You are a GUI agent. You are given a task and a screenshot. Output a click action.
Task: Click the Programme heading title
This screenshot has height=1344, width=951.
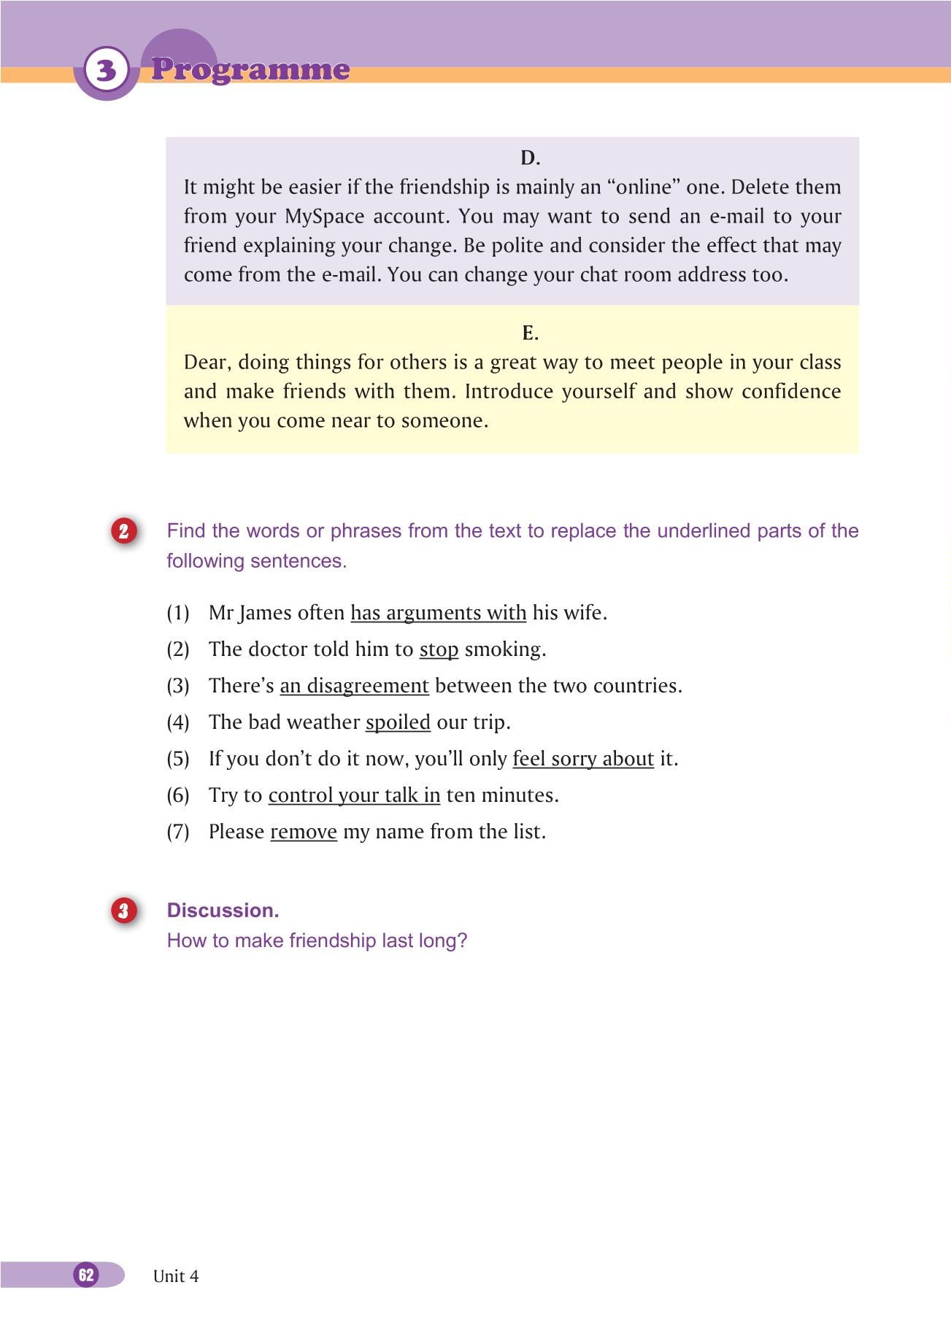(x=250, y=70)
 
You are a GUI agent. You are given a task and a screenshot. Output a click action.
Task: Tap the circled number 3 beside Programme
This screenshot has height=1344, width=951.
(x=107, y=70)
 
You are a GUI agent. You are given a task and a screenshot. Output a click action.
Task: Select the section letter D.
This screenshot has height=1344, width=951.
(x=530, y=158)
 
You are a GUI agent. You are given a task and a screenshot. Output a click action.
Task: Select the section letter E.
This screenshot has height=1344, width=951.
(x=530, y=333)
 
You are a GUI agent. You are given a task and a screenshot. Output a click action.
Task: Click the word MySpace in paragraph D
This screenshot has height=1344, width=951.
(x=325, y=217)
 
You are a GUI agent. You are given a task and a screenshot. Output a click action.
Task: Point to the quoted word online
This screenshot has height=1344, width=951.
(x=643, y=188)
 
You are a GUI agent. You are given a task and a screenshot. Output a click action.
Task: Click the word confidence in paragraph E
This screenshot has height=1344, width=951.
(x=791, y=392)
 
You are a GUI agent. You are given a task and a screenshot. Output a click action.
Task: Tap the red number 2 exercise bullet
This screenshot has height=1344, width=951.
(x=124, y=531)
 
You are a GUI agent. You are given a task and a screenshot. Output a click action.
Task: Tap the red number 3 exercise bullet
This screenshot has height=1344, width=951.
(x=124, y=911)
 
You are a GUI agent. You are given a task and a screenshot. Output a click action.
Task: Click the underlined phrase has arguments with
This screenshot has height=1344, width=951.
(x=438, y=613)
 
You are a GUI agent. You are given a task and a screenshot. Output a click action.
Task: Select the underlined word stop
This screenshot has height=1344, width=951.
(x=439, y=649)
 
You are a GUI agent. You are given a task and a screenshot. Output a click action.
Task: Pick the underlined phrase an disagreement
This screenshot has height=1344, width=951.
(x=354, y=686)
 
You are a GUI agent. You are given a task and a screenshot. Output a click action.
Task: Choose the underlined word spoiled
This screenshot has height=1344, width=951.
(x=398, y=722)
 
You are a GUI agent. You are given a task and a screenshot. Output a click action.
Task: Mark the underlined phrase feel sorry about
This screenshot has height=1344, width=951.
(x=583, y=759)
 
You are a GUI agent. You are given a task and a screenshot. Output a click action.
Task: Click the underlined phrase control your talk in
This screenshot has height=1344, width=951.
(x=354, y=795)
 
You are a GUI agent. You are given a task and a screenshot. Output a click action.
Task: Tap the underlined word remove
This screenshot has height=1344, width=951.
(x=304, y=832)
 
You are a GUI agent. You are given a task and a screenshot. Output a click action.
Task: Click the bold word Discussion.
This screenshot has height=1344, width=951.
(x=223, y=911)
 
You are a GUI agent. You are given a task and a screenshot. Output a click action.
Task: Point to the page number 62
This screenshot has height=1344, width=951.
(x=86, y=1275)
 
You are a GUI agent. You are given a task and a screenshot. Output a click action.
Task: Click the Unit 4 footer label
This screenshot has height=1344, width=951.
(x=176, y=1276)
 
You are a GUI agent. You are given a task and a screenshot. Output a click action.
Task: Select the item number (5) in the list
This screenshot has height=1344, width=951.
(x=178, y=759)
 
